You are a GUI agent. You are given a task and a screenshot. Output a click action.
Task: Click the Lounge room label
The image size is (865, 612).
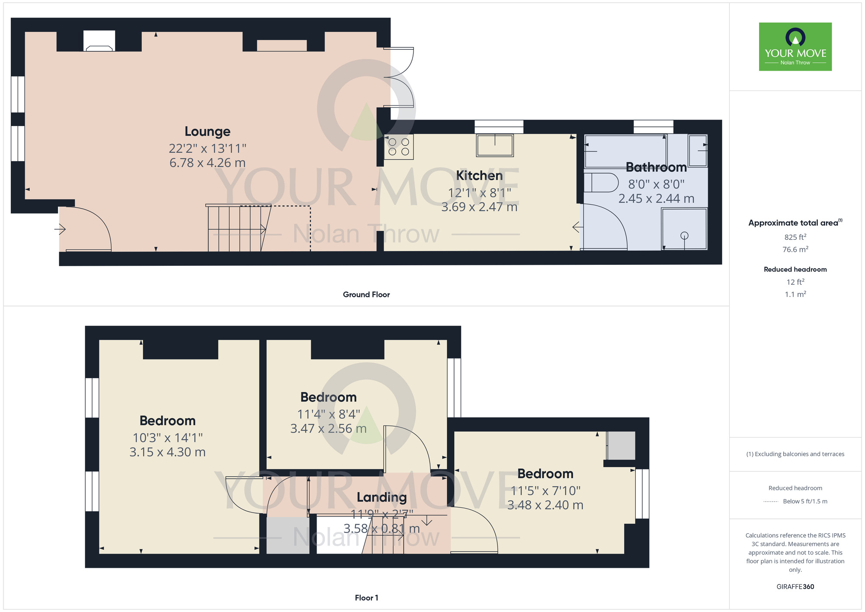207,132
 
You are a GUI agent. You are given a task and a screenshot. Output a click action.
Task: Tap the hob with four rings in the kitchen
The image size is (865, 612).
398,147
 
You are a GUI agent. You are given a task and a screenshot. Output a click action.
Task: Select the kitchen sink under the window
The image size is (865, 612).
495,145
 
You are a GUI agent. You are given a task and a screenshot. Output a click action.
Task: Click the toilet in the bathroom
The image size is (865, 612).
602,183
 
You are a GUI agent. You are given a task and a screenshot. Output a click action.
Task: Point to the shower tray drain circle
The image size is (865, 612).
684,235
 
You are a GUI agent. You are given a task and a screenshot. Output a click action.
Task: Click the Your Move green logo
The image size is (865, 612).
795,47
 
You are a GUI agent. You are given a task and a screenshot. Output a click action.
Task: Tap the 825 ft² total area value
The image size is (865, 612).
795,237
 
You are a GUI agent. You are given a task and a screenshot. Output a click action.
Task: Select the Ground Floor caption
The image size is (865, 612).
366,295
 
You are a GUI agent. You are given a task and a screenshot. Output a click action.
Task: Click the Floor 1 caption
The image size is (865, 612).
366,598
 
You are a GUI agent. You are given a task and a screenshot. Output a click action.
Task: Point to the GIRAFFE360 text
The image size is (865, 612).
795,587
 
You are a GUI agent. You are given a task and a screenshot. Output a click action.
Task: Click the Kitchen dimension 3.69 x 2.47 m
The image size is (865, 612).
479,207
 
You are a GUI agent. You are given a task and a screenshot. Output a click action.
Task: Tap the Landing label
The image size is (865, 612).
381,498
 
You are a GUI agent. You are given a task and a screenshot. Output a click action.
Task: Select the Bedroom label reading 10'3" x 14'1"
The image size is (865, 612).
167,421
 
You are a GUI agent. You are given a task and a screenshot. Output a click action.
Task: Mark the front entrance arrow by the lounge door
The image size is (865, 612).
60,229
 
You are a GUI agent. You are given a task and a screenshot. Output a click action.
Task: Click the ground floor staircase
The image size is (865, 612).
236,229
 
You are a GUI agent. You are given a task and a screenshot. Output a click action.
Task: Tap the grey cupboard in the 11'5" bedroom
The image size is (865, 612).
621,445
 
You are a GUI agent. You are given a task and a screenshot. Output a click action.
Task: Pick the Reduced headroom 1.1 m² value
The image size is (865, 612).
795,294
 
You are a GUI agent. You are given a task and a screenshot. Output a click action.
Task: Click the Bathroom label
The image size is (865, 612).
656,167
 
